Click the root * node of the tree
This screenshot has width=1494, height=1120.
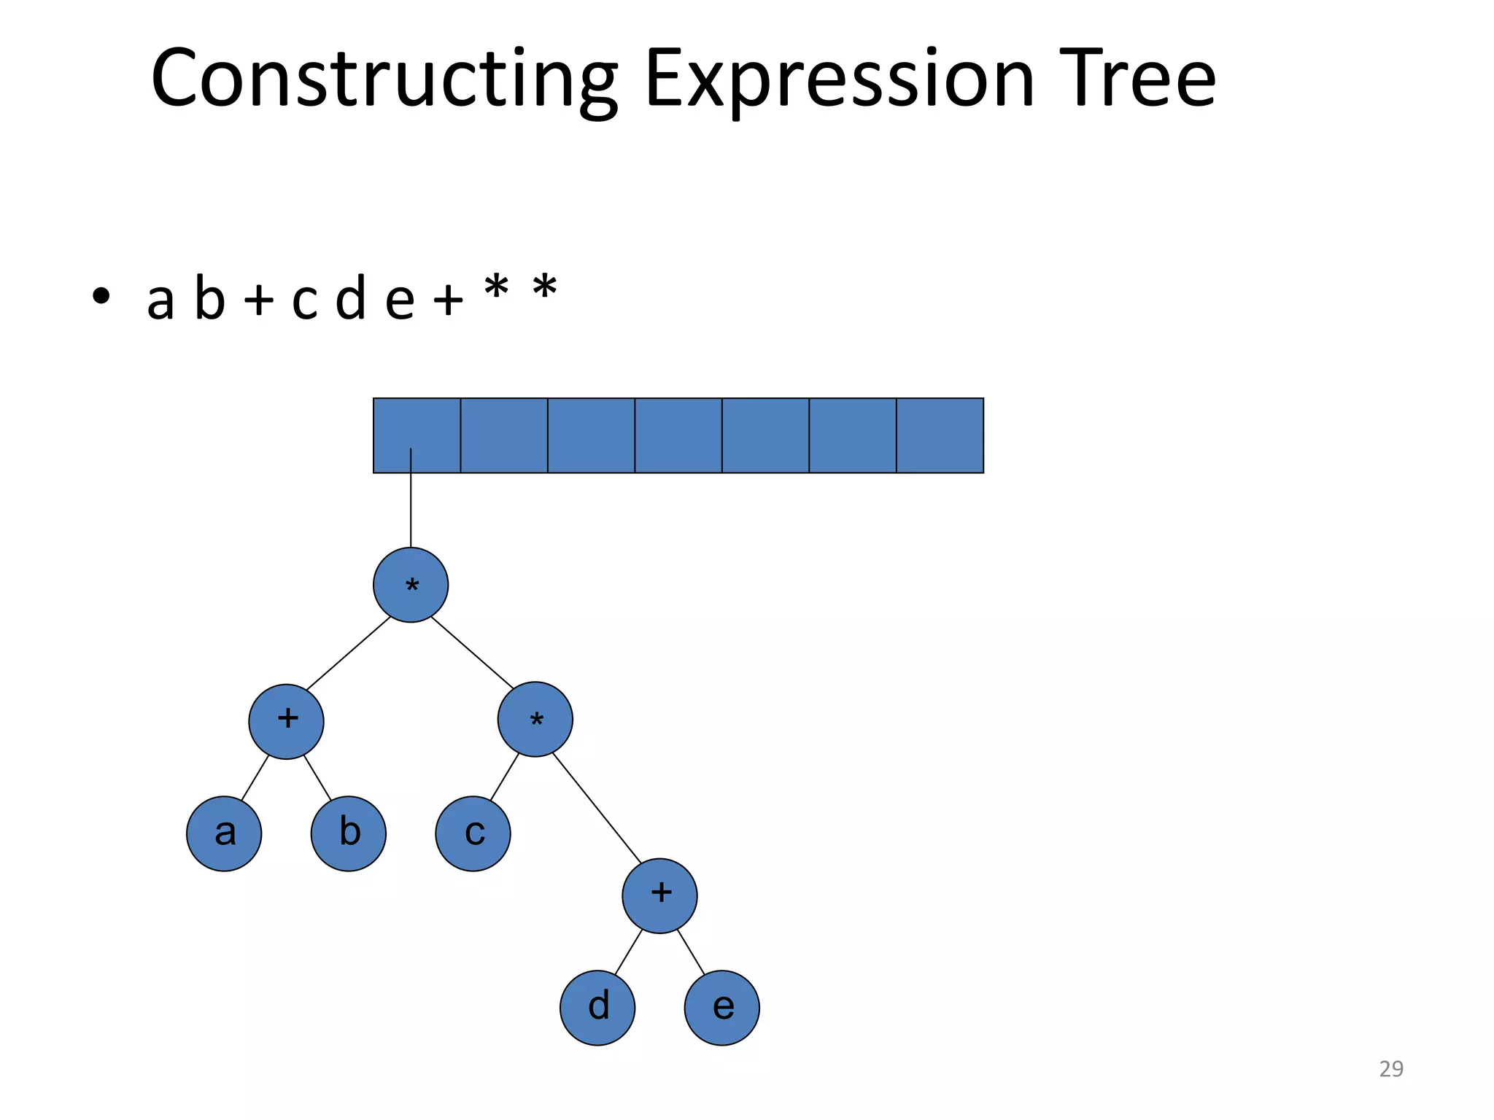pyautogui.click(x=411, y=585)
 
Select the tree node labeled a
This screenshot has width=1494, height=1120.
pyautogui.click(x=224, y=833)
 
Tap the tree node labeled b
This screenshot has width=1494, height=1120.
pyautogui.click(x=349, y=833)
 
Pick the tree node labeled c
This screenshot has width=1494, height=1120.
pyautogui.click(x=473, y=833)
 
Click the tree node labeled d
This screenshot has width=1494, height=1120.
pyautogui.click(x=597, y=1008)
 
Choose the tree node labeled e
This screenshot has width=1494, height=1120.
pyautogui.click(x=721, y=1008)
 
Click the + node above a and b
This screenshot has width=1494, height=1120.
pyautogui.click(x=287, y=721)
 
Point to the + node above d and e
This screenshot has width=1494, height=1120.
pyautogui.click(x=659, y=895)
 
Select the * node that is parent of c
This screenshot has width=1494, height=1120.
pyautogui.click(x=535, y=720)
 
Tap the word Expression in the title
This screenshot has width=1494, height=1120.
pyautogui.click(x=839, y=79)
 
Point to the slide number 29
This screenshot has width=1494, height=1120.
pyautogui.click(x=1390, y=1069)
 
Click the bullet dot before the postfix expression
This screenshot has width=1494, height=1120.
pyautogui.click(x=101, y=296)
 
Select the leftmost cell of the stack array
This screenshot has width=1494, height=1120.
pyautogui.click(x=417, y=435)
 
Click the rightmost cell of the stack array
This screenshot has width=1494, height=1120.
pyautogui.click(x=940, y=435)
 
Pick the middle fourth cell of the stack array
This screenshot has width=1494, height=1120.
pyautogui.click(x=678, y=435)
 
